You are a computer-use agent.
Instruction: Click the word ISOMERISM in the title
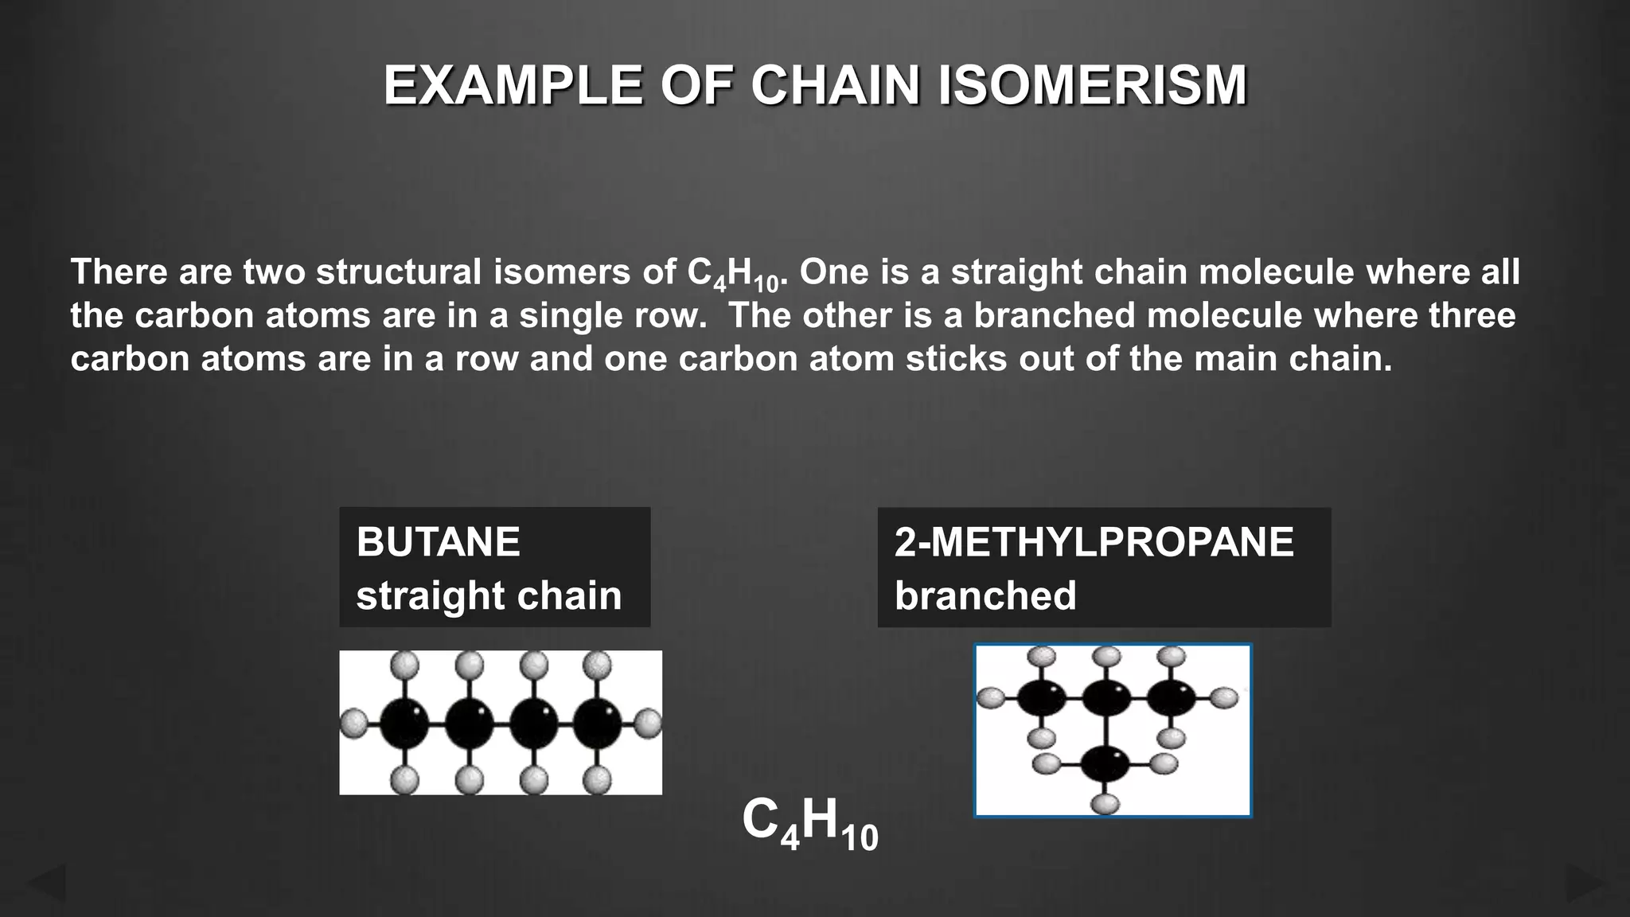pyautogui.click(x=1092, y=85)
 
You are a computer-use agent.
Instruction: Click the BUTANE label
pyautogui.click(x=438, y=542)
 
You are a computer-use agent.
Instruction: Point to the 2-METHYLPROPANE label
pyautogui.click(x=1094, y=542)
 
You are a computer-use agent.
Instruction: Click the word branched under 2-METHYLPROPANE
pyautogui.click(x=985, y=595)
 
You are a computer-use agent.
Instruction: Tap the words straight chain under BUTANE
pyautogui.click(x=489, y=595)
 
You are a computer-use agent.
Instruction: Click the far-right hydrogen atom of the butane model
pyautogui.click(x=649, y=724)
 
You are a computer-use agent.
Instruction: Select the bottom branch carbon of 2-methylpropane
pyautogui.click(x=1106, y=764)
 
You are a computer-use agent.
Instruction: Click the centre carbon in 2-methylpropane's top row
pyautogui.click(x=1106, y=698)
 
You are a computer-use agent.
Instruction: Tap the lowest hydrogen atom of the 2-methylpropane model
pyautogui.click(x=1106, y=803)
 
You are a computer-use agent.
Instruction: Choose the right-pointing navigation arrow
pyautogui.click(x=1584, y=883)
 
